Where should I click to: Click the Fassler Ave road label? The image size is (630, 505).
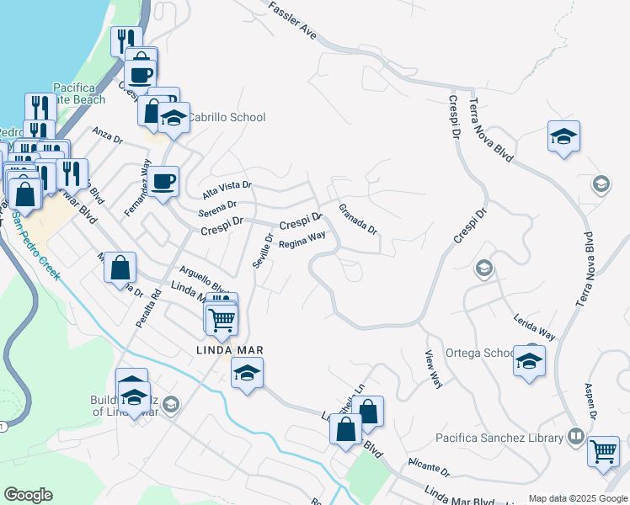coord(292,22)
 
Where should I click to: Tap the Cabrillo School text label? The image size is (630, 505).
coord(225,118)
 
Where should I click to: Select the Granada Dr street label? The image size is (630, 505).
coord(357,219)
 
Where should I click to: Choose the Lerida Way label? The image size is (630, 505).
coord(534,327)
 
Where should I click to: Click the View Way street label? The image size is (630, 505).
coord(434,369)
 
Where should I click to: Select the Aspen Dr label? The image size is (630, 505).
coord(590,402)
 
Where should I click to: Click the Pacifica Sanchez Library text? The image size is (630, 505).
coord(499,438)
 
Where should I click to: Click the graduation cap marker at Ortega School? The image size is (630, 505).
coord(530,360)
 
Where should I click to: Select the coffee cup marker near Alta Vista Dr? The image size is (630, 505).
coord(165,179)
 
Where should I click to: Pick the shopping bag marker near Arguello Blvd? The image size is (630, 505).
coord(120,267)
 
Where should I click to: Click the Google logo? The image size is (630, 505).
coord(28,495)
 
